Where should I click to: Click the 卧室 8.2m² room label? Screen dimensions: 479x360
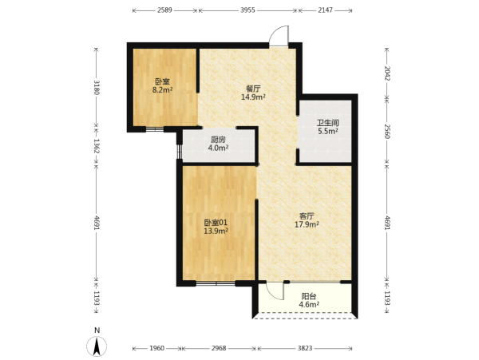[163, 85]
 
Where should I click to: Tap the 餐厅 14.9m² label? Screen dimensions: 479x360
[253, 93]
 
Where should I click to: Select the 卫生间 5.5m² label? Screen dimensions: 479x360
[328, 127]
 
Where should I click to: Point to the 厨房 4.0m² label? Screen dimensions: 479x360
[218, 144]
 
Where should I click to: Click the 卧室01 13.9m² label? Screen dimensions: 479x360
[216, 227]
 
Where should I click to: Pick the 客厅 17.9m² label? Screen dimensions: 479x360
[307, 220]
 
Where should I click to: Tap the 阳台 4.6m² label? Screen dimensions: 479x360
[309, 300]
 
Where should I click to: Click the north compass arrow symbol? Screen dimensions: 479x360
[97, 346]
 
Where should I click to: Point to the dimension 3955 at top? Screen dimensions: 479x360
[247, 10]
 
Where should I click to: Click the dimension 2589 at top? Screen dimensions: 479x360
[164, 10]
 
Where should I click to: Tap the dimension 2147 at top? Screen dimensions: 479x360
[325, 10]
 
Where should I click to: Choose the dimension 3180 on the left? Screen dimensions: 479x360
[97, 87]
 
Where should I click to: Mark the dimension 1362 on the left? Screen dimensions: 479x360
[97, 146]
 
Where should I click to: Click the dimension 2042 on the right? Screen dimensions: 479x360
[386, 73]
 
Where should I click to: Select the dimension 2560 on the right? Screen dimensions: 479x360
[386, 131]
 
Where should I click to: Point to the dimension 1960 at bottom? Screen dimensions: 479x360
[157, 348]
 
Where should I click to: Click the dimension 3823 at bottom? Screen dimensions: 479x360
[305, 348]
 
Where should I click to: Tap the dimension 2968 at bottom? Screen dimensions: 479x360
[219, 348]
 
